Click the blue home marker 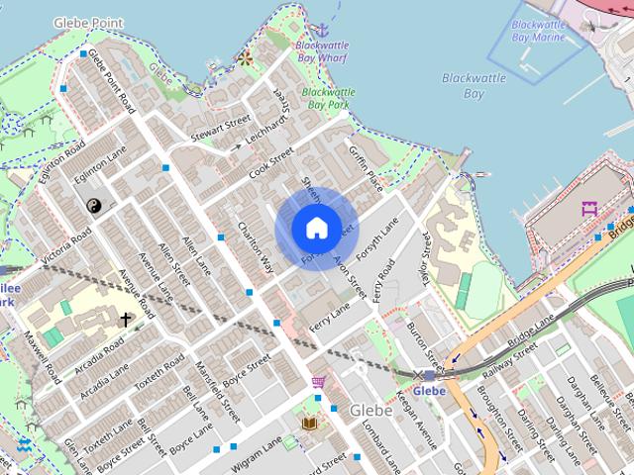(x=316, y=228)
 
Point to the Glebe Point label (x=88, y=21)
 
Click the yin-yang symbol (x=94, y=206)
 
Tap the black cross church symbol (x=126, y=320)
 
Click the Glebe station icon (x=428, y=375)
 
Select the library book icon (x=309, y=423)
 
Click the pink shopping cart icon (x=318, y=382)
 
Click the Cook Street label (x=271, y=163)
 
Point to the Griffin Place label (x=365, y=162)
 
